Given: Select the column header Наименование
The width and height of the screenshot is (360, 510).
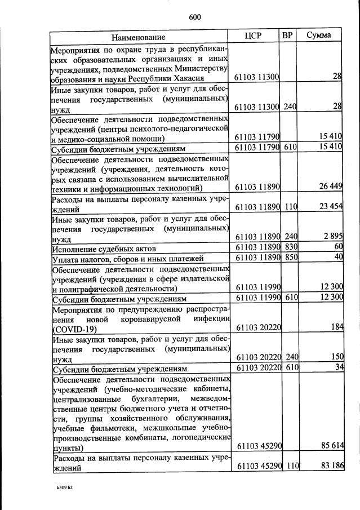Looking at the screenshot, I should pyautogui.click(x=138, y=37).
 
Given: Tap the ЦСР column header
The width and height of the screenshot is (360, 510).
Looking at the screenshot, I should pyautogui.click(x=254, y=36).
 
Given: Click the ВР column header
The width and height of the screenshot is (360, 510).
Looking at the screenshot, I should pyautogui.click(x=287, y=36).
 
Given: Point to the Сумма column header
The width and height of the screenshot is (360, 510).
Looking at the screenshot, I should pyautogui.click(x=318, y=36).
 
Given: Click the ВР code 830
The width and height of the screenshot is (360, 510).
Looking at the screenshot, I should pyautogui.click(x=291, y=247).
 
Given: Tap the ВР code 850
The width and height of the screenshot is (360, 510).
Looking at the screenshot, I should pyautogui.click(x=291, y=258).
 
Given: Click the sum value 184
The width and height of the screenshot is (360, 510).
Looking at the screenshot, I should pyautogui.click(x=335, y=327).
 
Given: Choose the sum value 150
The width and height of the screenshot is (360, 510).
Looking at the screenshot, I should pyautogui.click(x=335, y=357).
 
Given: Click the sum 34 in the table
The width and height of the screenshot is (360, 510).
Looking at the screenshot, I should pyautogui.click(x=337, y=367).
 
